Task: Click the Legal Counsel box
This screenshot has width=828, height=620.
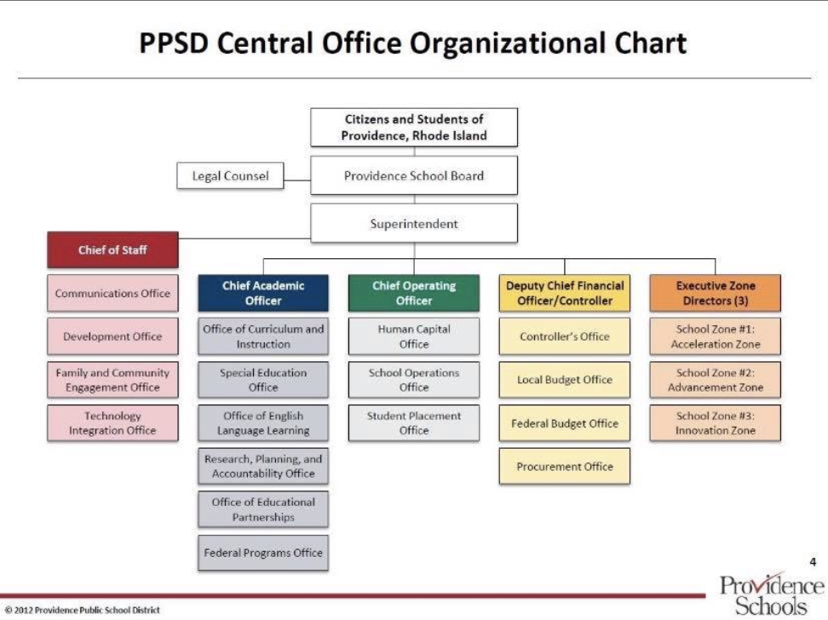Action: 230,176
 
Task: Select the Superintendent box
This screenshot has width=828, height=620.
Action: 414,223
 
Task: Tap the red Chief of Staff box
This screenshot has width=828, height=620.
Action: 112,250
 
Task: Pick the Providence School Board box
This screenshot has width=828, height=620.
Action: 414,175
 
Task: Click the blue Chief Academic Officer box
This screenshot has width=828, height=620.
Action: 263,293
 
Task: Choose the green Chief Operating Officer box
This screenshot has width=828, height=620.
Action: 414,293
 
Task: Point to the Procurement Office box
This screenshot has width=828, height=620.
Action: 565,467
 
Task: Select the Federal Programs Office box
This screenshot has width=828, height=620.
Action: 263,553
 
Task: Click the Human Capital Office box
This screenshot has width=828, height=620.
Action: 414,336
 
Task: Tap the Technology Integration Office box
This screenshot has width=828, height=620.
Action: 112,423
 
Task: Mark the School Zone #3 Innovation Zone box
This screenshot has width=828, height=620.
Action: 716,423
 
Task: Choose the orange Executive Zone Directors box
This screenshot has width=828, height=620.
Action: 716,293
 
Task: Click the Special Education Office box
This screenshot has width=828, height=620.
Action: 263,380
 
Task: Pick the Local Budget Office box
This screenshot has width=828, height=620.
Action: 565,380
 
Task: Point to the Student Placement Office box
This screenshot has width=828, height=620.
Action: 414,423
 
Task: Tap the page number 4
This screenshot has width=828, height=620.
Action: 813,561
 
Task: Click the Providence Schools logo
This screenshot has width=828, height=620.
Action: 771,594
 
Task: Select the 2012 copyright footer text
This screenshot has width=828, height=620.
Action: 83,610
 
